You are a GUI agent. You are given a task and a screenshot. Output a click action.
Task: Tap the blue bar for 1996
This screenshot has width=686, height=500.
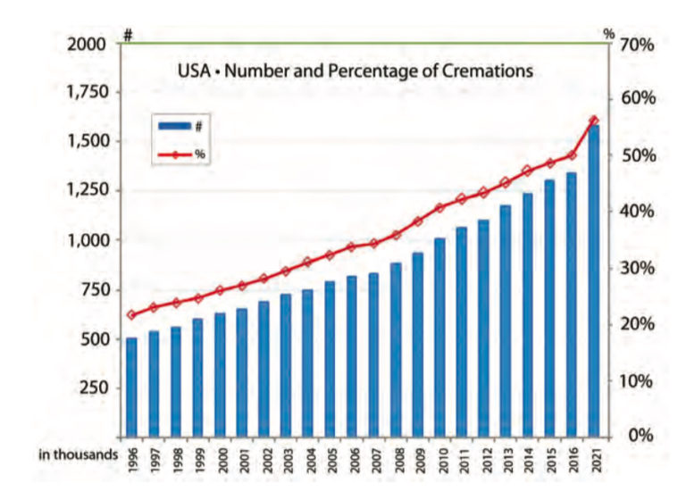click(x=131, y=387)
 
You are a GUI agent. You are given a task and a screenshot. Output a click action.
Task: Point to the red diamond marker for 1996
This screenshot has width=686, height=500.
click(x=131, y=314)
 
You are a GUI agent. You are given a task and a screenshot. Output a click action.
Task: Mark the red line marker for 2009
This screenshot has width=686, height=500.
click(x=417, y=221)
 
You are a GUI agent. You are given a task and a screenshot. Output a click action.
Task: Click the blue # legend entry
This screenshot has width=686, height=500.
click(x=179, y=127)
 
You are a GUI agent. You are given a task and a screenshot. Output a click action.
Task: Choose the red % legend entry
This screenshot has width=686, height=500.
click(x=179, y=154)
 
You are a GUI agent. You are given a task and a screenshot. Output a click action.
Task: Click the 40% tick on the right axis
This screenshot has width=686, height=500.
click(x=638, y=212)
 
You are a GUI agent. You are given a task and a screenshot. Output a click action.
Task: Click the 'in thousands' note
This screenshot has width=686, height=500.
click(x=78, y=454)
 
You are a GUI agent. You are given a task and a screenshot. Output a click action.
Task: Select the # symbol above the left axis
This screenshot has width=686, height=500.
click(x=128, y=34)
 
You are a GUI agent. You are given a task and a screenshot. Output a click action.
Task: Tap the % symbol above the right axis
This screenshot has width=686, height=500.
click(x=609, y=34)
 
